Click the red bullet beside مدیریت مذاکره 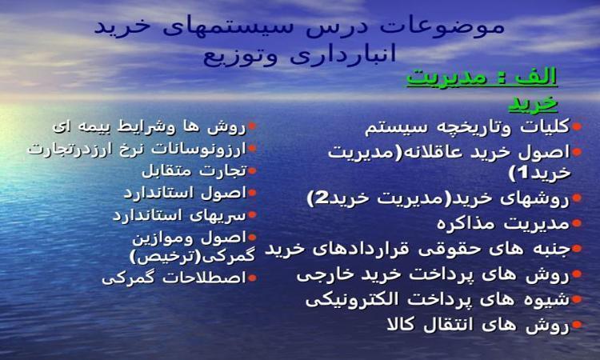coord(577,222)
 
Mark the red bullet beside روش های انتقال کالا coord(577,325)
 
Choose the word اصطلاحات coord(204,278)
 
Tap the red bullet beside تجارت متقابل coord(252,170)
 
